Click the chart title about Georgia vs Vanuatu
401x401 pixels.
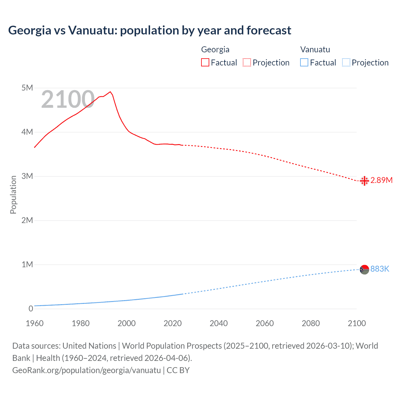[149, 30]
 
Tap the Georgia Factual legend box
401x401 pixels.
[205, 62]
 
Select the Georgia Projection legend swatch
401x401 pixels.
[247, 62]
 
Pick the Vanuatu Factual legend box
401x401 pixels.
[304, 62]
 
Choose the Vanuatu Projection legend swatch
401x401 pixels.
[346, 62]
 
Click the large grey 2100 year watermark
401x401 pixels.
[68, 100]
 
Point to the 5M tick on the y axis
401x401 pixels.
[27, 88]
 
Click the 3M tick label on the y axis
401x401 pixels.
[27, 176]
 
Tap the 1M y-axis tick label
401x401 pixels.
[27, 264]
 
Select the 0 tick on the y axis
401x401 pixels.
[31, 309]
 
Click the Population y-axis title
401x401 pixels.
[13, 195]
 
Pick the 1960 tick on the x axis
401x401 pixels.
[34, 323]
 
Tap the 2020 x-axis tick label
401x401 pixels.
[173, 323]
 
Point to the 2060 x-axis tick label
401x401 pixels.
[265, 323]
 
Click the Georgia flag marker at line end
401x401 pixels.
[364, 181]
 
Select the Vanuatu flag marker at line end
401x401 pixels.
[364, 269]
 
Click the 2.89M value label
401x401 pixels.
[381, 180]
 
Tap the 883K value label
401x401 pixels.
[380, 269]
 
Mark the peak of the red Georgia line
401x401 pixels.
[110, 92]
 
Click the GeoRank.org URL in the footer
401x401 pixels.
[86, 370]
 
